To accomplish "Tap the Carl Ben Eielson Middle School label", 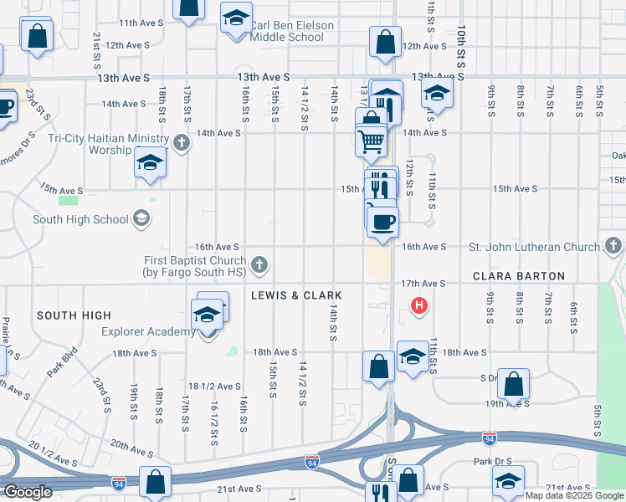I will point(291,32).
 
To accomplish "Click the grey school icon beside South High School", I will point(141,219).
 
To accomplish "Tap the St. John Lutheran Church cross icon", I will point(613,247).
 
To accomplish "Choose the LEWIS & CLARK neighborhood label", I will point(295,296).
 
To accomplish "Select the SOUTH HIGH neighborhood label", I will point(74,315).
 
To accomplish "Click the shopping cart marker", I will point(372,141).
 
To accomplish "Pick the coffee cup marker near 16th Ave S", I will point(383,222).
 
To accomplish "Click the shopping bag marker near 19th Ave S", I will point(514,384).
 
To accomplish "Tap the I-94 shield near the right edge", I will point(489,438).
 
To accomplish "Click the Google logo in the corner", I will point(28,492).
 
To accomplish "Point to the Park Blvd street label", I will point(63,362).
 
